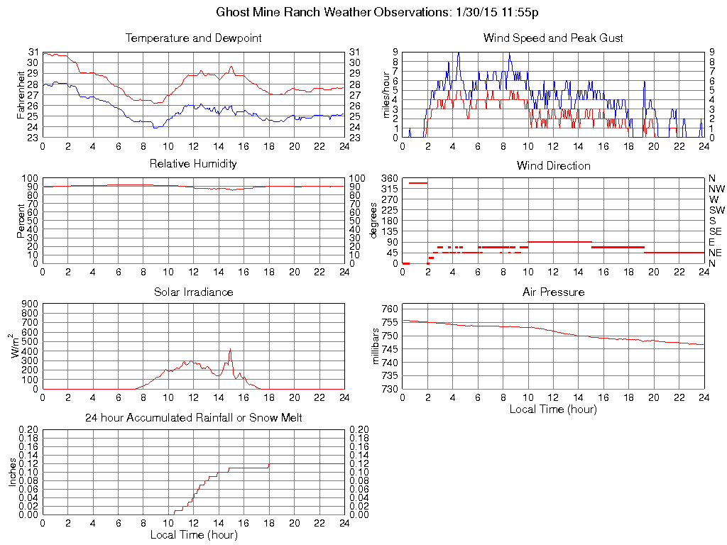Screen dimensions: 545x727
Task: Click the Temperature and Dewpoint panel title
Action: pos(193,38)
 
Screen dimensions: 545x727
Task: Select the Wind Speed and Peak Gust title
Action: pos(553,38)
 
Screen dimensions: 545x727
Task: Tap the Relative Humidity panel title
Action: pos(193,164)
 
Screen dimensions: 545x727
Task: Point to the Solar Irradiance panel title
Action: pos(193,292)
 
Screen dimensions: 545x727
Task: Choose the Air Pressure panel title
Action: pos(553,292)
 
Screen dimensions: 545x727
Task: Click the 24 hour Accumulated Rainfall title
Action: pos(193,418)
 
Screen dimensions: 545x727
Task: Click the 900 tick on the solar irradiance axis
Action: pos(31,304)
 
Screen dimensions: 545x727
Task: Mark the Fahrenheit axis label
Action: pos(21,94)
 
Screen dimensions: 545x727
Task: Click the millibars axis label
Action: pos(376,346)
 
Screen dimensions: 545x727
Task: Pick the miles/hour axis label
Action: pos(387,94)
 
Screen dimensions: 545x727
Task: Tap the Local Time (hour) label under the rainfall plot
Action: pos(193,534)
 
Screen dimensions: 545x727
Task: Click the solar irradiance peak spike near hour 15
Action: pos(230,349)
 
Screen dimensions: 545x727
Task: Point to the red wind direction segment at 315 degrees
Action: pos(417,182)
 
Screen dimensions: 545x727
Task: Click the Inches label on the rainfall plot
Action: pos(12,472)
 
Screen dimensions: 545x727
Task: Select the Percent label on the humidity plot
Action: pos(21,220)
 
